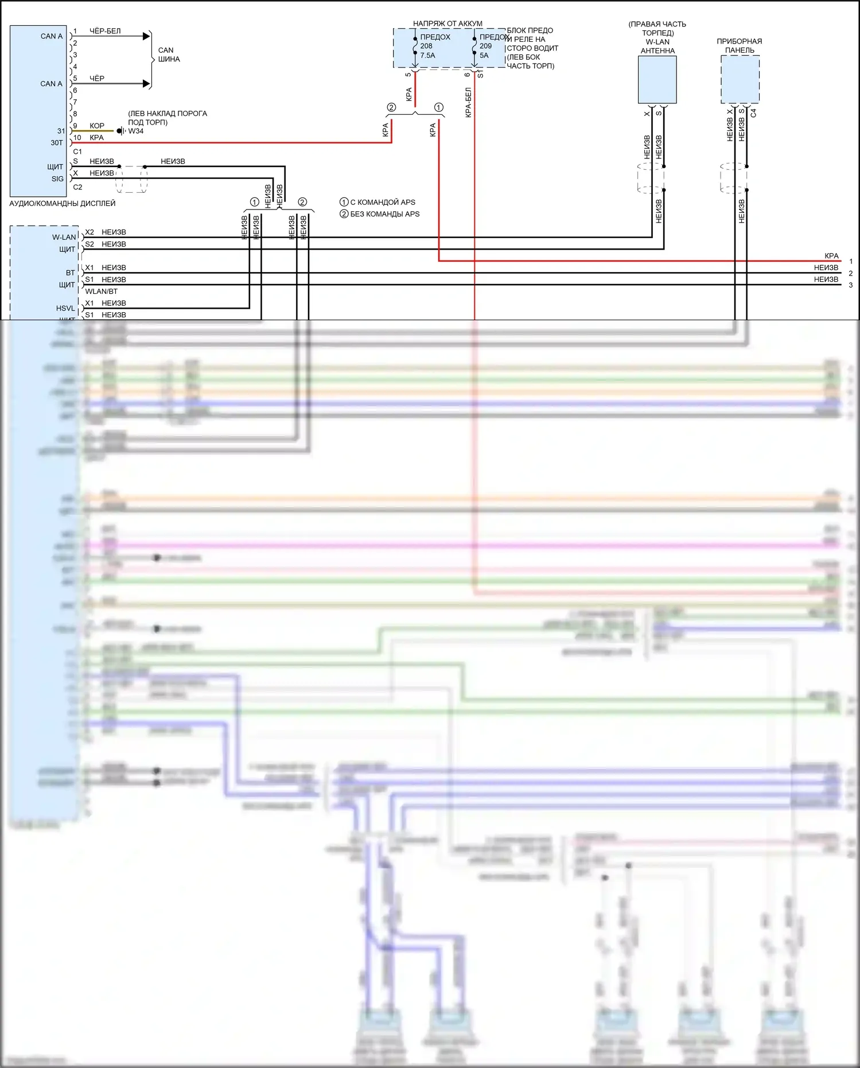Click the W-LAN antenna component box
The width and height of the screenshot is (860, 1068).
657,79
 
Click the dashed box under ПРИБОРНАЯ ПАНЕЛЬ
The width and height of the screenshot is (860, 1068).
740,79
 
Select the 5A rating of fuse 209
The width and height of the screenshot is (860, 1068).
484,56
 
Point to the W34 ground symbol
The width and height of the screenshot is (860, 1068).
120,131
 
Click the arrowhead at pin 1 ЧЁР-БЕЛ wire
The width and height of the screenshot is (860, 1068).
146,36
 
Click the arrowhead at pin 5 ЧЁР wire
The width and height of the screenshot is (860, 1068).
146,84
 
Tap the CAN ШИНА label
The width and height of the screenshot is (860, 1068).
169,55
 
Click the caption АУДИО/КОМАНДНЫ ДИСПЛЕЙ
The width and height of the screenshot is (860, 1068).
62,203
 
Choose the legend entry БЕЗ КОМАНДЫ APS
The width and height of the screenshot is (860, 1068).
384,214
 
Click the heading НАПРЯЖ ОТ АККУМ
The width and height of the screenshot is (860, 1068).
447,24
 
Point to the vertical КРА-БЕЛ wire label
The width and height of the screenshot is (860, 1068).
468,103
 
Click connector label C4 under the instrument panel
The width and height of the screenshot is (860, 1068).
753,113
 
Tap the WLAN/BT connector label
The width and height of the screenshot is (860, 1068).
101,292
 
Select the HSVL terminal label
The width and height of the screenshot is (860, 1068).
65,308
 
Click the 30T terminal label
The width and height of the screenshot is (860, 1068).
57,143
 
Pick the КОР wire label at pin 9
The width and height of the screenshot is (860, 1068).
97,126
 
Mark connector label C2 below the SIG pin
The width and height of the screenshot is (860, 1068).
77,187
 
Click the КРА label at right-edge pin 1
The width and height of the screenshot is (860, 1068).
831,256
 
